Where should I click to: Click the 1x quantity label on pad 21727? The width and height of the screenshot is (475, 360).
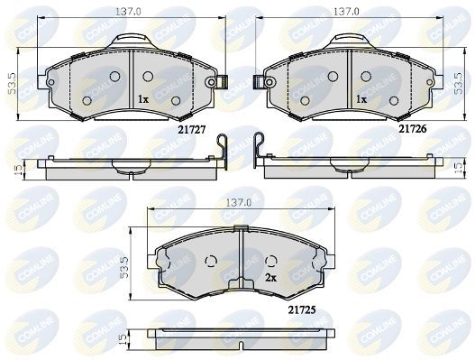142,97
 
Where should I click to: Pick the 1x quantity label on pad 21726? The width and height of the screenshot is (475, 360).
360,97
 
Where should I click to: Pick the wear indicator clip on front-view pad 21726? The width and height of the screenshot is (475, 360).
266,83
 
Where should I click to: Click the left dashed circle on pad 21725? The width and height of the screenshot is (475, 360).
212,263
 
